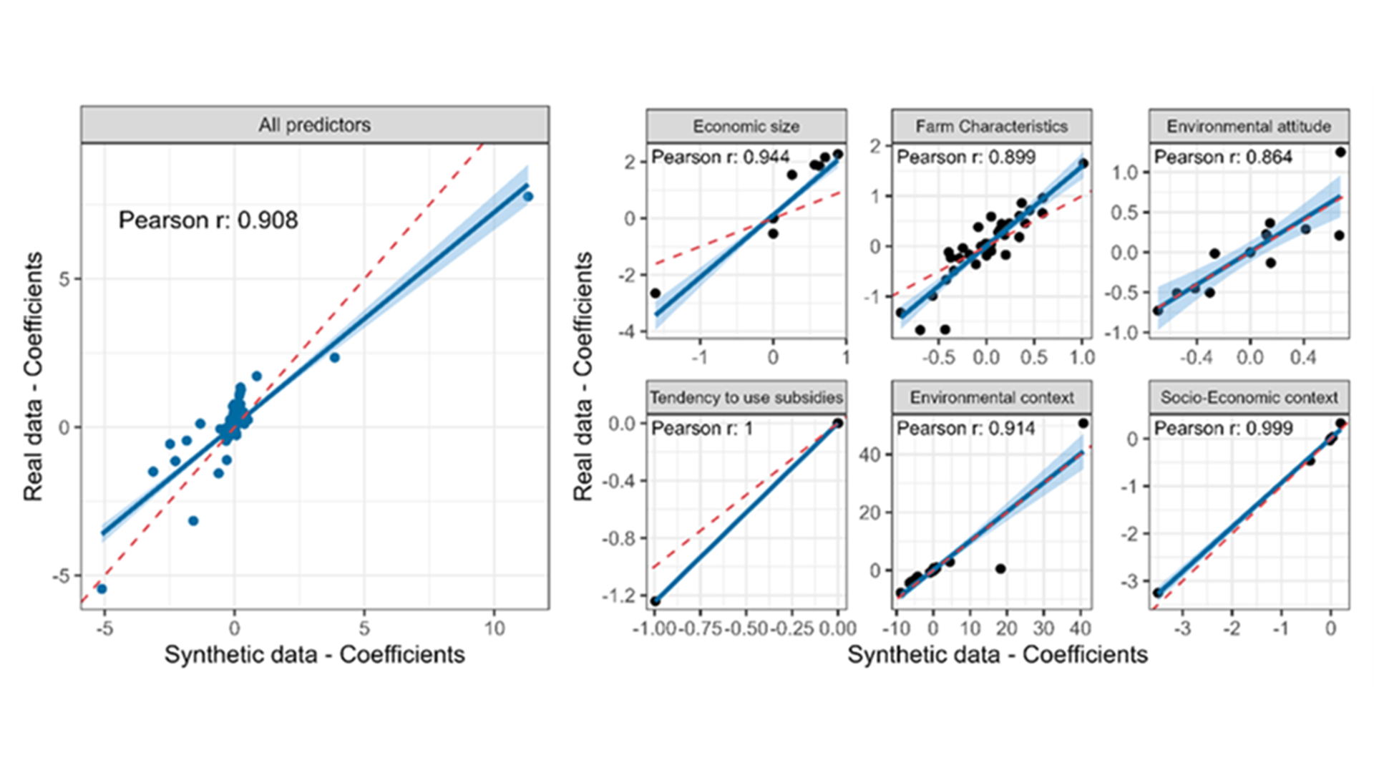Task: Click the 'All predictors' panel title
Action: coord(314,125)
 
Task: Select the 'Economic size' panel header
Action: coord(746,127)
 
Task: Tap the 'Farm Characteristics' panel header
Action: coord(991,127)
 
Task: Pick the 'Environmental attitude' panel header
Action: coord(1249,127)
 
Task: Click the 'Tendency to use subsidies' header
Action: coord(746,397)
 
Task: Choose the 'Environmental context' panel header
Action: coord(991,397)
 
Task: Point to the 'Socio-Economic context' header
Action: coord(1249,397)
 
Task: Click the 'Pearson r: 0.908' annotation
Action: coord(208,220)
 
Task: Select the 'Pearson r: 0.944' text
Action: coord(720,157)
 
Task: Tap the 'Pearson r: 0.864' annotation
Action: coord(1223,157)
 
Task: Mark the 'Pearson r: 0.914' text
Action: coord(965,428)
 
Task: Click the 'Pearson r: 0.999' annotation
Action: coord(1223,428)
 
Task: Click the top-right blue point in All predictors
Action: coord(528,196)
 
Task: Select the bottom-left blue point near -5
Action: coord(102,588)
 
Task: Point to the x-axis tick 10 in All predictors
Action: coord(494,628)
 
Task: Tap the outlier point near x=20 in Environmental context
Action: coord(1000,569)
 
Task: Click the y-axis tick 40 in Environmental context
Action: coord(870,454)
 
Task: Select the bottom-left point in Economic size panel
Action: coord(655,293)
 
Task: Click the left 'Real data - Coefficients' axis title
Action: coord(33,376)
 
